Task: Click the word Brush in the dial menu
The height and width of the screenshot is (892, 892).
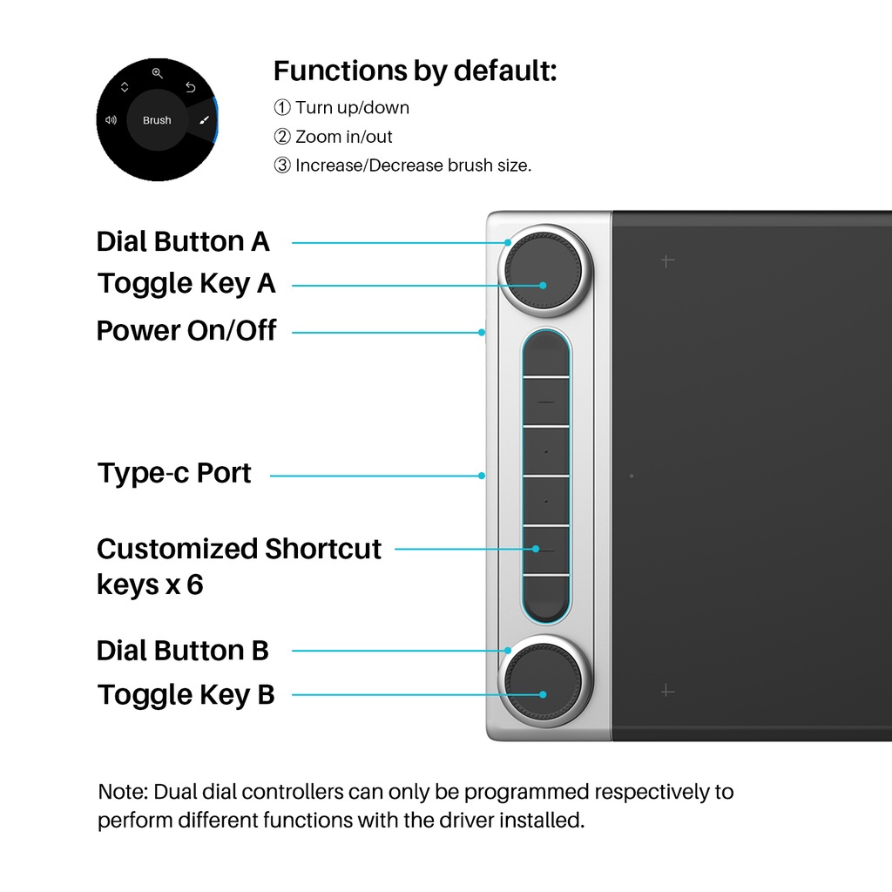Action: tap(157, 120)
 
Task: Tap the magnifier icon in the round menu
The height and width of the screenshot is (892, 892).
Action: tap(158, 73)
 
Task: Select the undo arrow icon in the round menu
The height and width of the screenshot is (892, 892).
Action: tap(191, 87)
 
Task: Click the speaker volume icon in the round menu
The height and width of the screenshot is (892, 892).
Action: tap(111, 120)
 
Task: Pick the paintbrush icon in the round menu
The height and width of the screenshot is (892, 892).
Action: tap(204, 120)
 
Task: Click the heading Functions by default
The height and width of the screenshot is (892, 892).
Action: tap(415, 71)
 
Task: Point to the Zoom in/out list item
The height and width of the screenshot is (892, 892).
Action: tap(333, 137)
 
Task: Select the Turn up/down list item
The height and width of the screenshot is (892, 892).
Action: tap(341, 107)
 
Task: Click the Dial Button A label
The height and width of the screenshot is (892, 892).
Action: tap(183, 241)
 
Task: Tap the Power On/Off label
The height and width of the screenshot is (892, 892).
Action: tap(186, 330)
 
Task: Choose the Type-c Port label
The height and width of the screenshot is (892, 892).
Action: tap(174, 473)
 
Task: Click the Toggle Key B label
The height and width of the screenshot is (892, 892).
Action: tap(186, 694)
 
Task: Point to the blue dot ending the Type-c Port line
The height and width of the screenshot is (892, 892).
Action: tap(482, 476)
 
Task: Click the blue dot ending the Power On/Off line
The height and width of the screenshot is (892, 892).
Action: tap(482, 332)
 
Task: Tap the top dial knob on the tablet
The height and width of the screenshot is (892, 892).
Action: tap(545, 271)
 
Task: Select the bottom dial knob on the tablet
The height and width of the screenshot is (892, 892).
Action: tap(545, 681)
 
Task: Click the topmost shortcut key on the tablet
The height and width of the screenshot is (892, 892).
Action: tap(546, 354)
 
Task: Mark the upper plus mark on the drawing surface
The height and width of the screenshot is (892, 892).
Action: tap(668, 261)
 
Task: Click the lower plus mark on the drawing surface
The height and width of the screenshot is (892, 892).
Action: tap(668, 691)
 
